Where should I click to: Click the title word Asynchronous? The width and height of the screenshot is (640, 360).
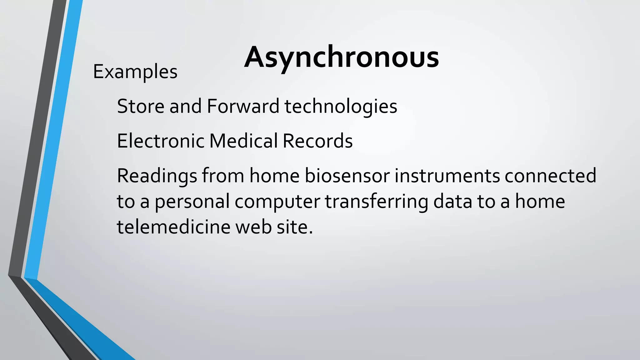click(341, 57)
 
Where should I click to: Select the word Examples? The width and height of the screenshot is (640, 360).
click(135, 72)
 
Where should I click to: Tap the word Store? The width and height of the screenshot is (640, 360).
click(141, 106)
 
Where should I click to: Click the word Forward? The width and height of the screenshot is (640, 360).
click(243, 106)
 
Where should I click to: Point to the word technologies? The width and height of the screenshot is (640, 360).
click(341, 107)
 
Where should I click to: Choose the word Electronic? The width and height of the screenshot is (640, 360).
click(160, 141)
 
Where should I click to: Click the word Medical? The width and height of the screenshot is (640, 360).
click(243, 141)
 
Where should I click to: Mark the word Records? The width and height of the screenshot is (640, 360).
click(317, 141)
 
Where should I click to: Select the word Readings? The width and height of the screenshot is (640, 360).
click(157, 176)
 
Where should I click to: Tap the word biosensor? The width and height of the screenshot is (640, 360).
click(347, 176)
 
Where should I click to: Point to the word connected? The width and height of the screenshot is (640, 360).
click(550, 176)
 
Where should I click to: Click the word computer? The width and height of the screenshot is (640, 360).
click(277, 202)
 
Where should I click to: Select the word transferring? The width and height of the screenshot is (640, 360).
click(377, 202)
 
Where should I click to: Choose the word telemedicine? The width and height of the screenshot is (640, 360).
click(173, 227)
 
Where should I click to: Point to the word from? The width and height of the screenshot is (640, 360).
click(223, 176)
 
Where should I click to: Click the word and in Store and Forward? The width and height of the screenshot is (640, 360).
click(185, 106)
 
